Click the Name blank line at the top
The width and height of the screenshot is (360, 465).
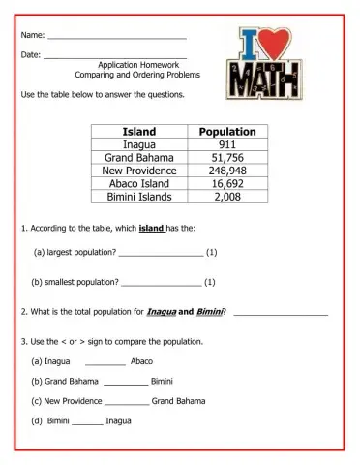116,37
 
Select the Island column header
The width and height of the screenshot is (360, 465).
140,131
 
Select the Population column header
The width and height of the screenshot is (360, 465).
226,131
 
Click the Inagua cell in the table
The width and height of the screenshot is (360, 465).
140,144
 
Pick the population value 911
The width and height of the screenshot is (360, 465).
226,144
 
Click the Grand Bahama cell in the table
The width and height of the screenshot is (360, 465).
140,157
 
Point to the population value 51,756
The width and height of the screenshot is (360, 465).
226,157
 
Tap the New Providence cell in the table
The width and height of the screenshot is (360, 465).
140,170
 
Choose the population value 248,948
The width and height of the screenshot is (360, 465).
226,170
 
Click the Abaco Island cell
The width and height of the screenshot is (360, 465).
140,183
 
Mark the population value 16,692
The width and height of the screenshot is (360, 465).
226,183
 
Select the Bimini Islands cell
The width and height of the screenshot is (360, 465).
140,197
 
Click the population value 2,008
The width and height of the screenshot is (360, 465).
226,197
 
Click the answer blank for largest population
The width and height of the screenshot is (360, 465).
161,254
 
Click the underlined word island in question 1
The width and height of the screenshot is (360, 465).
152,229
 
